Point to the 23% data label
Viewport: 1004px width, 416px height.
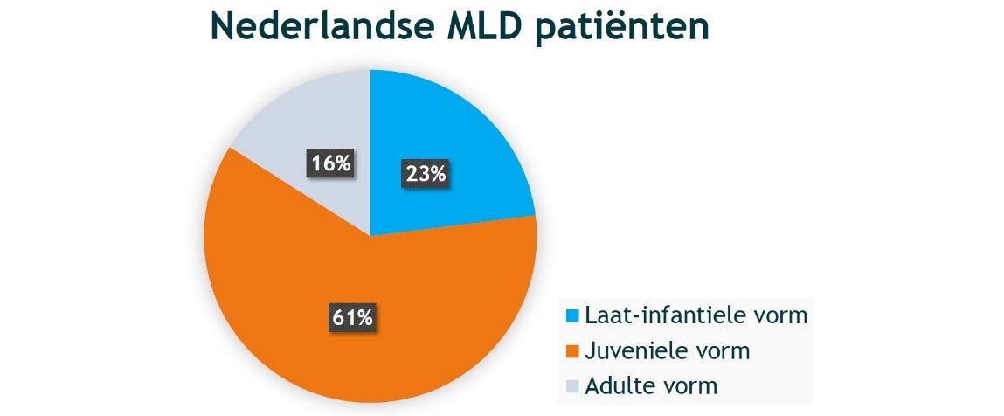point(426,174)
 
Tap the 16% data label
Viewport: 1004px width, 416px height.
point(330,163)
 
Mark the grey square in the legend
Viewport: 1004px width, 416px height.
point(572,385)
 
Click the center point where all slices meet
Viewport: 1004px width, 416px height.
point(370,236)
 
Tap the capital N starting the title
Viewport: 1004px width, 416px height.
point(225,27)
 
